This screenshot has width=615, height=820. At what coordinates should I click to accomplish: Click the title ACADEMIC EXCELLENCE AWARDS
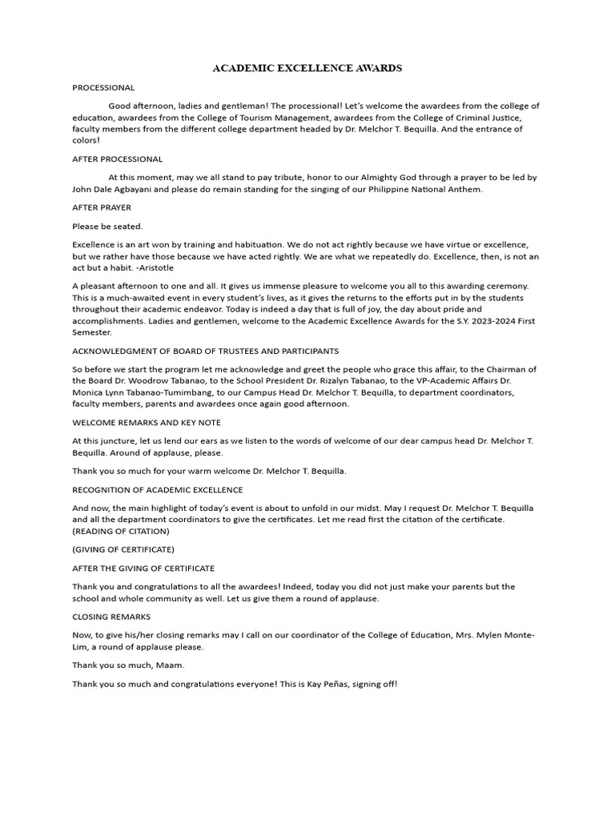point(307,69)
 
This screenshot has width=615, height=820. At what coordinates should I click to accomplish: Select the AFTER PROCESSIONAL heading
point(117,159)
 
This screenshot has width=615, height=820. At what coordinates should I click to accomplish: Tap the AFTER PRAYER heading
point(102,207)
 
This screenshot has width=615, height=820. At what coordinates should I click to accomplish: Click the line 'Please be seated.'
point(107,226)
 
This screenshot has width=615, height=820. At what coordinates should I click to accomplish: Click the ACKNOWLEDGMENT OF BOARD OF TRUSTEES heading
point(205,351)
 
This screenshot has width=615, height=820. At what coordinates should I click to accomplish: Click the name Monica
point(90,392)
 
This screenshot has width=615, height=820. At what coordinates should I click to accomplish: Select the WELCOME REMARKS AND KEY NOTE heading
point(147,422)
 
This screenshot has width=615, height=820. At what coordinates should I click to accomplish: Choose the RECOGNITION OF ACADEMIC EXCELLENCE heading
point(158,489)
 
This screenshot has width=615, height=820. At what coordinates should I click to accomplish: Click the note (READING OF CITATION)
point(120,531)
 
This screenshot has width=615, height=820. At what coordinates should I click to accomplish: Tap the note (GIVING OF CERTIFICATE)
point(123,549)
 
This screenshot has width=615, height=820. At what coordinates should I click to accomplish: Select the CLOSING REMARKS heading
point(111,617)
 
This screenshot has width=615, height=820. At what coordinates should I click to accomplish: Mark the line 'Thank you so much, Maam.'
point(127,665)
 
